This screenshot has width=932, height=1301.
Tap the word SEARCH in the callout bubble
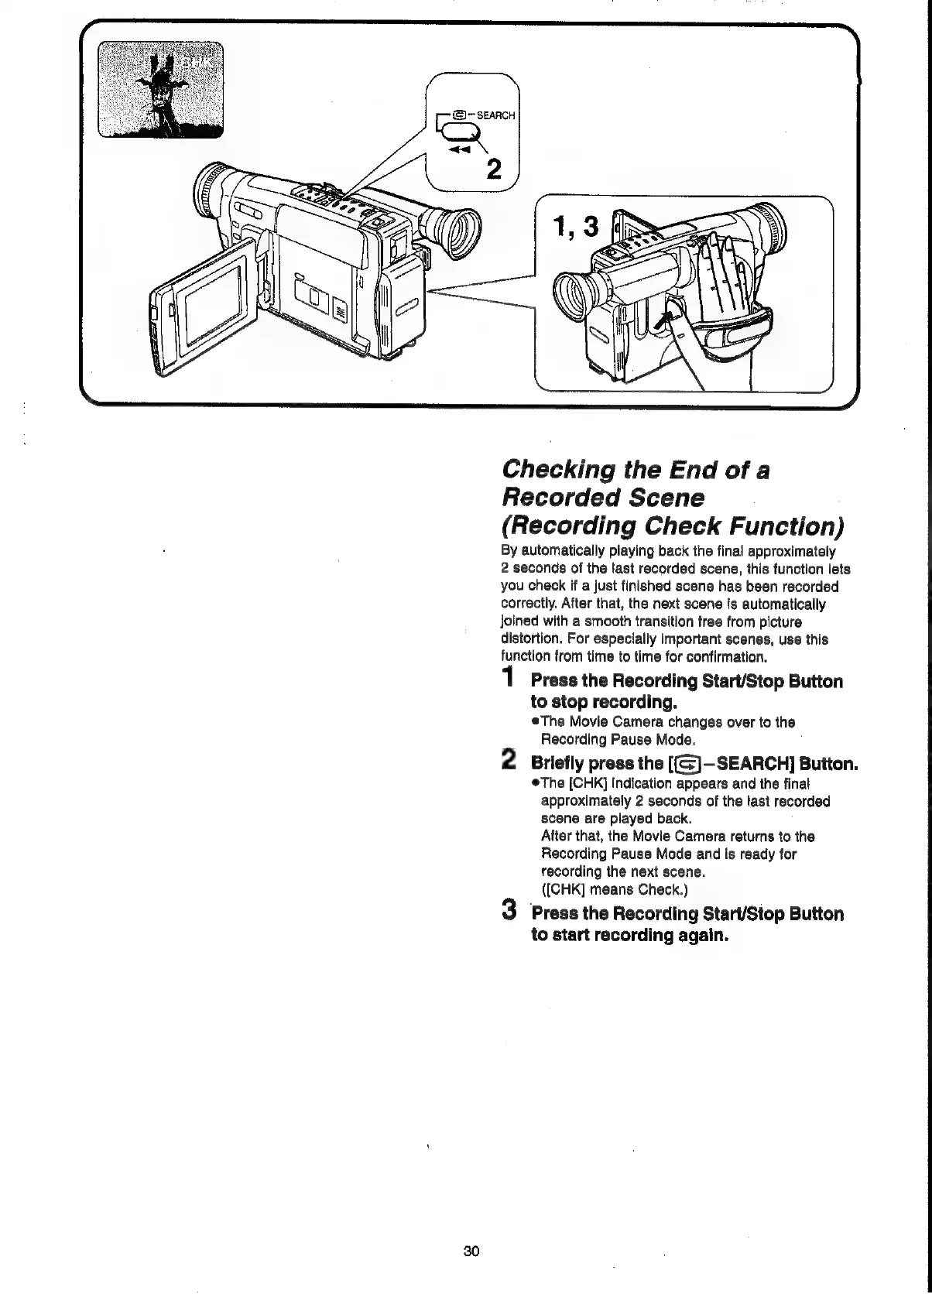pos(495,115)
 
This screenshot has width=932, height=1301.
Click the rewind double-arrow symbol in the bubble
pos(462,152)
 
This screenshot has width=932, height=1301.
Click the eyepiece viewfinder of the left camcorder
pos(455,230)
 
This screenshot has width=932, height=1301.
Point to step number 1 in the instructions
pos(508,679)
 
